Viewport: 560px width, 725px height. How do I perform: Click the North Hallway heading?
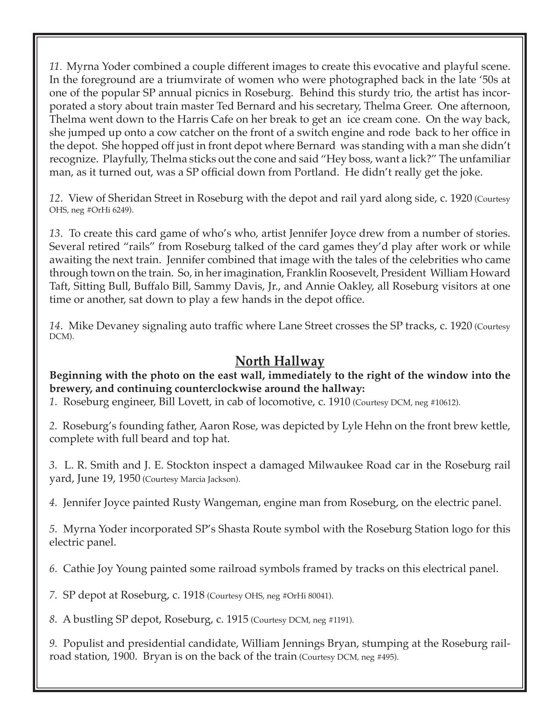280,361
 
